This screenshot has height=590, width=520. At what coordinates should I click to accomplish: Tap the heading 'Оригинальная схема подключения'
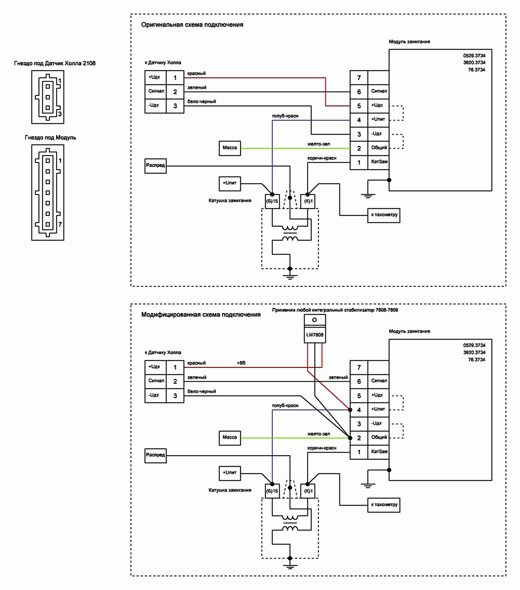point(192,25)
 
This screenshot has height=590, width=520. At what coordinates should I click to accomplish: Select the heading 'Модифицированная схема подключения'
point(201,315)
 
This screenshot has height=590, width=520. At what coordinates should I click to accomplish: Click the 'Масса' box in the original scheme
point(230,148)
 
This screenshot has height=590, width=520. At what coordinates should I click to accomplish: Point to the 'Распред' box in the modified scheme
point(155,455)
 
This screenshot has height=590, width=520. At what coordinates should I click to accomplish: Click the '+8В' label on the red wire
point(241,363)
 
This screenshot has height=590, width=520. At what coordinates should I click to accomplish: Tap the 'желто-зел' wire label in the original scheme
point(319,144)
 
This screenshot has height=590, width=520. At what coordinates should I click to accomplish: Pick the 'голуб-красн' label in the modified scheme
point(285,405)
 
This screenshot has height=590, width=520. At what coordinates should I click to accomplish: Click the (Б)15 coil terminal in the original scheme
point(272,201)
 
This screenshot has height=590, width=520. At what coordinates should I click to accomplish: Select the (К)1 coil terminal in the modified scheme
point(308,491)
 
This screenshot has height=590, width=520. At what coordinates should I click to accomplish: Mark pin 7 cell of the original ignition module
point(359,78)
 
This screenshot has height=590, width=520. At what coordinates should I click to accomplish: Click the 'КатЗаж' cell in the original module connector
point(379,162)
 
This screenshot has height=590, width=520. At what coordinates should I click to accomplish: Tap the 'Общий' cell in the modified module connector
point(379,437)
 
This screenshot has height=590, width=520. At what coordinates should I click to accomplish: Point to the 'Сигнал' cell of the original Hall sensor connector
point(156,91)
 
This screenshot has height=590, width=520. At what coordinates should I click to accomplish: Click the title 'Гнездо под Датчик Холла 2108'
point(55,63)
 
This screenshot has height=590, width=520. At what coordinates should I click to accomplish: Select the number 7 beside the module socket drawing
point(60,224)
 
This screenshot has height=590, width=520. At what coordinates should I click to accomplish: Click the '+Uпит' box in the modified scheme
point(230,473)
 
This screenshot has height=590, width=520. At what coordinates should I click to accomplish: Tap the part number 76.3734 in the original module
point(477,70)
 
